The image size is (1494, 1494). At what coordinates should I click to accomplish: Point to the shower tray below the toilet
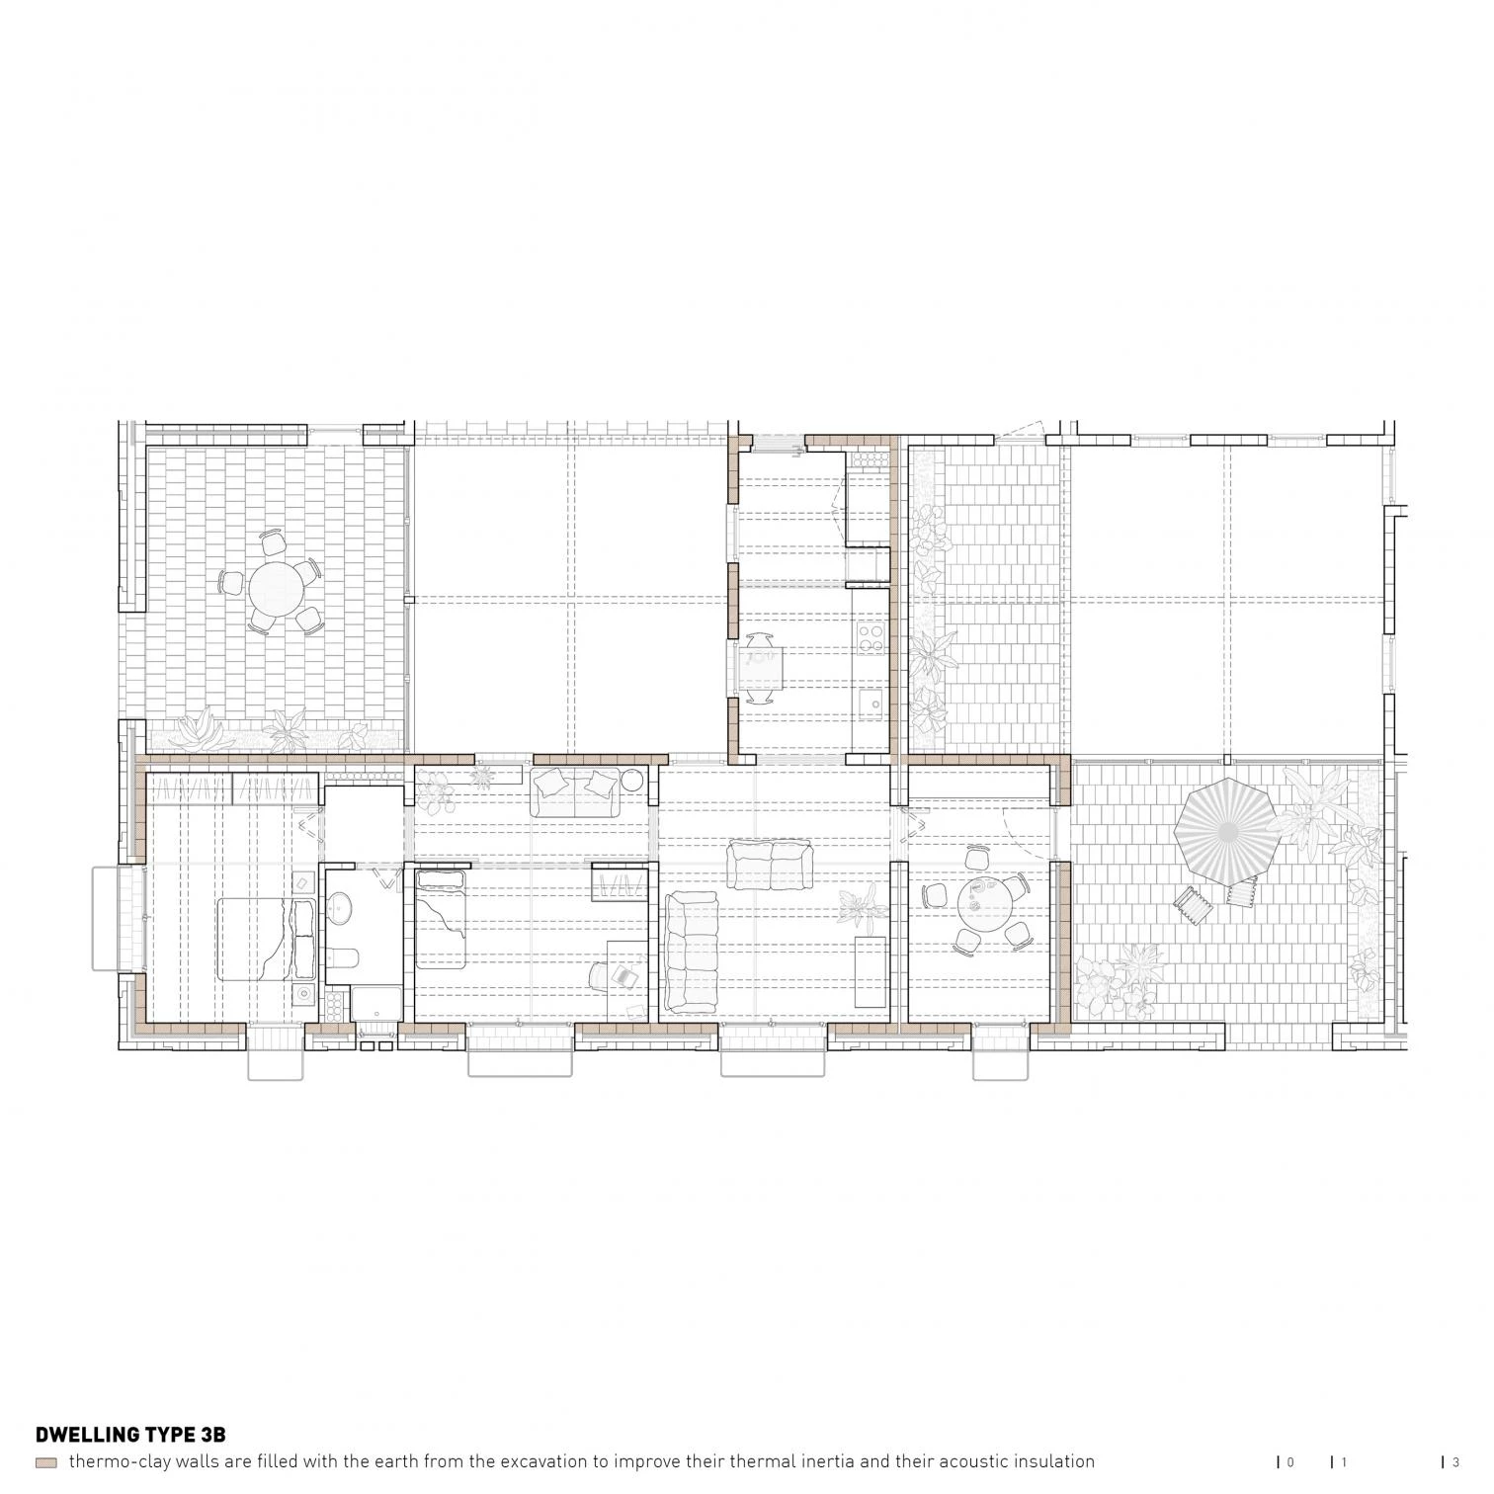pyautogui.click(x=374, y=1006)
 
